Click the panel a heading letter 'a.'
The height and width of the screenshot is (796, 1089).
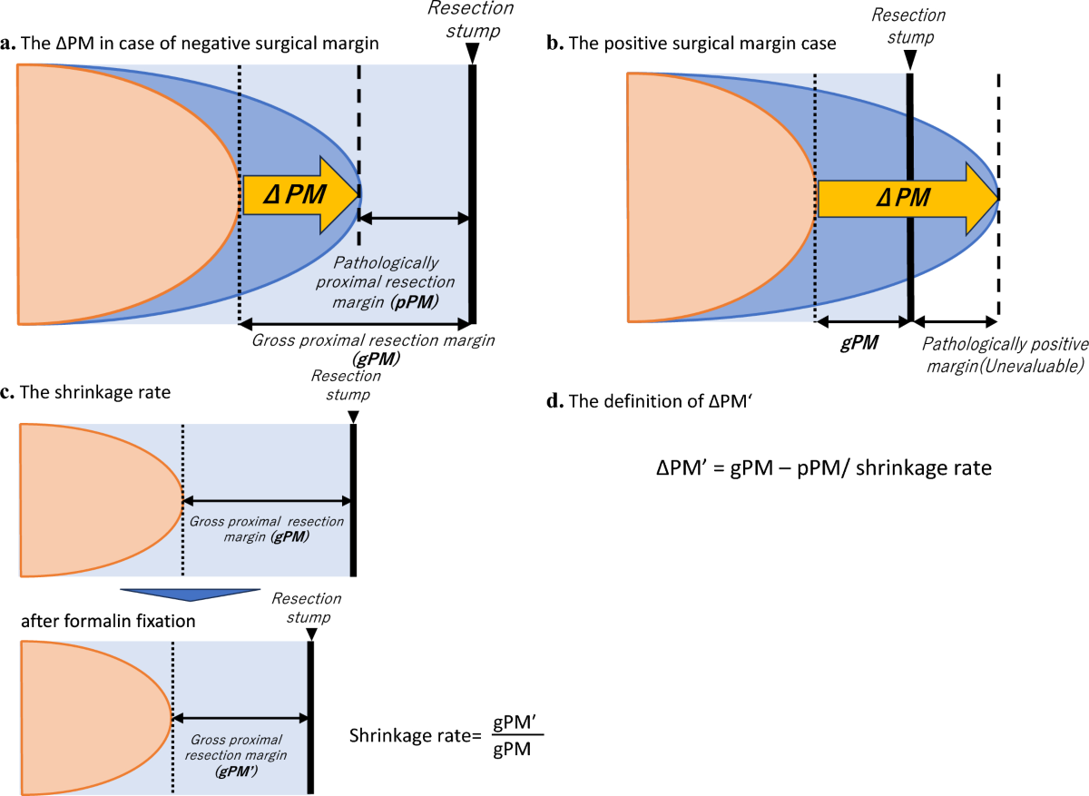pyautogui.click(x=10, y=43)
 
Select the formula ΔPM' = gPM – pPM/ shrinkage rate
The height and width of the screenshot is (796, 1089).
pyautogui.click(x=824, y=468)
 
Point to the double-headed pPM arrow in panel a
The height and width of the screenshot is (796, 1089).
pyautogui.click(x=414, y=218)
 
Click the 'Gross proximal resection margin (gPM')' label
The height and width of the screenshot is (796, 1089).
pyautogui.click(x=237, y=756)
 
